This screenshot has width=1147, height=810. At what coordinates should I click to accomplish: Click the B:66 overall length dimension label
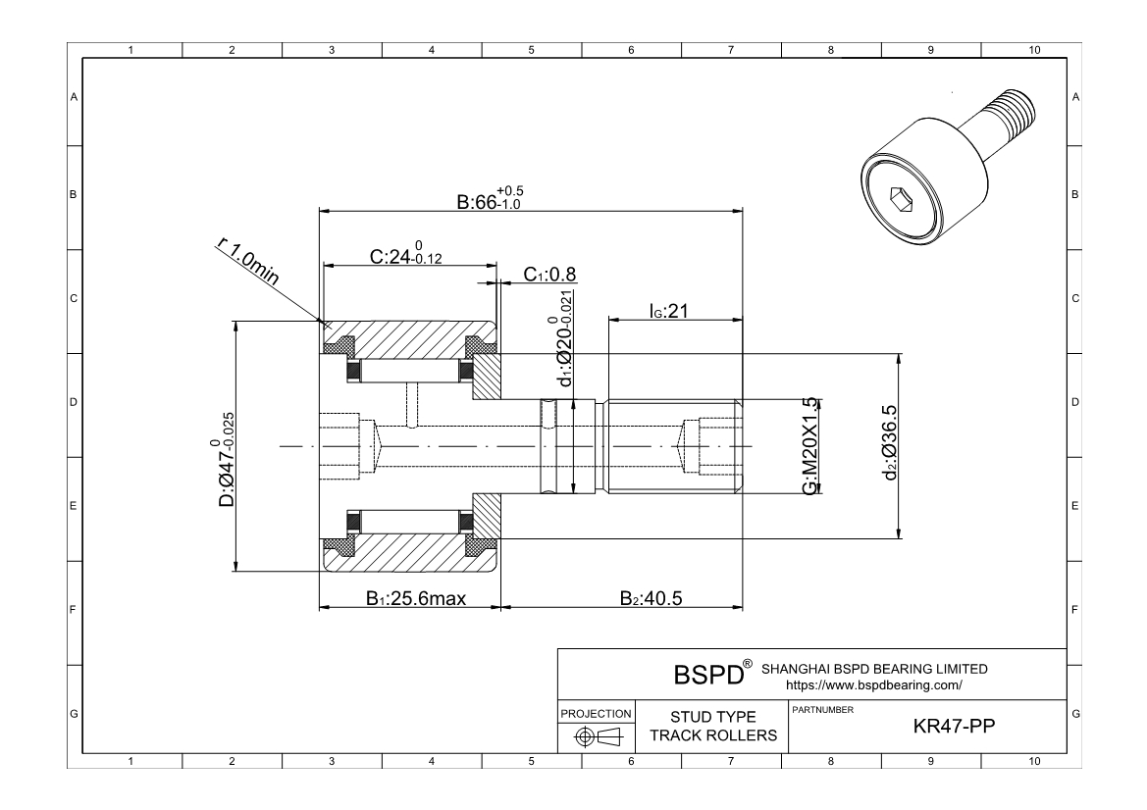(491, 199)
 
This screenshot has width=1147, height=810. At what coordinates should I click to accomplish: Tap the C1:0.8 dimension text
(549, 275)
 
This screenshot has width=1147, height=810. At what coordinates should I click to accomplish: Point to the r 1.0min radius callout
(248, 261)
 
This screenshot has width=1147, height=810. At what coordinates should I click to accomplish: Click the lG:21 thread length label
(668, 311)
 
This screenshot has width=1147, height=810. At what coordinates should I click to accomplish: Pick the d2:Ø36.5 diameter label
(890, 442)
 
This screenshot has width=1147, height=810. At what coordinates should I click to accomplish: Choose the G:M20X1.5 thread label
(809, 446)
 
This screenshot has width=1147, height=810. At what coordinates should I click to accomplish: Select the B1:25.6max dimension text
(415, 599)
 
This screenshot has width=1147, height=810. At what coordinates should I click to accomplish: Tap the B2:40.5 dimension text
(652, 599)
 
